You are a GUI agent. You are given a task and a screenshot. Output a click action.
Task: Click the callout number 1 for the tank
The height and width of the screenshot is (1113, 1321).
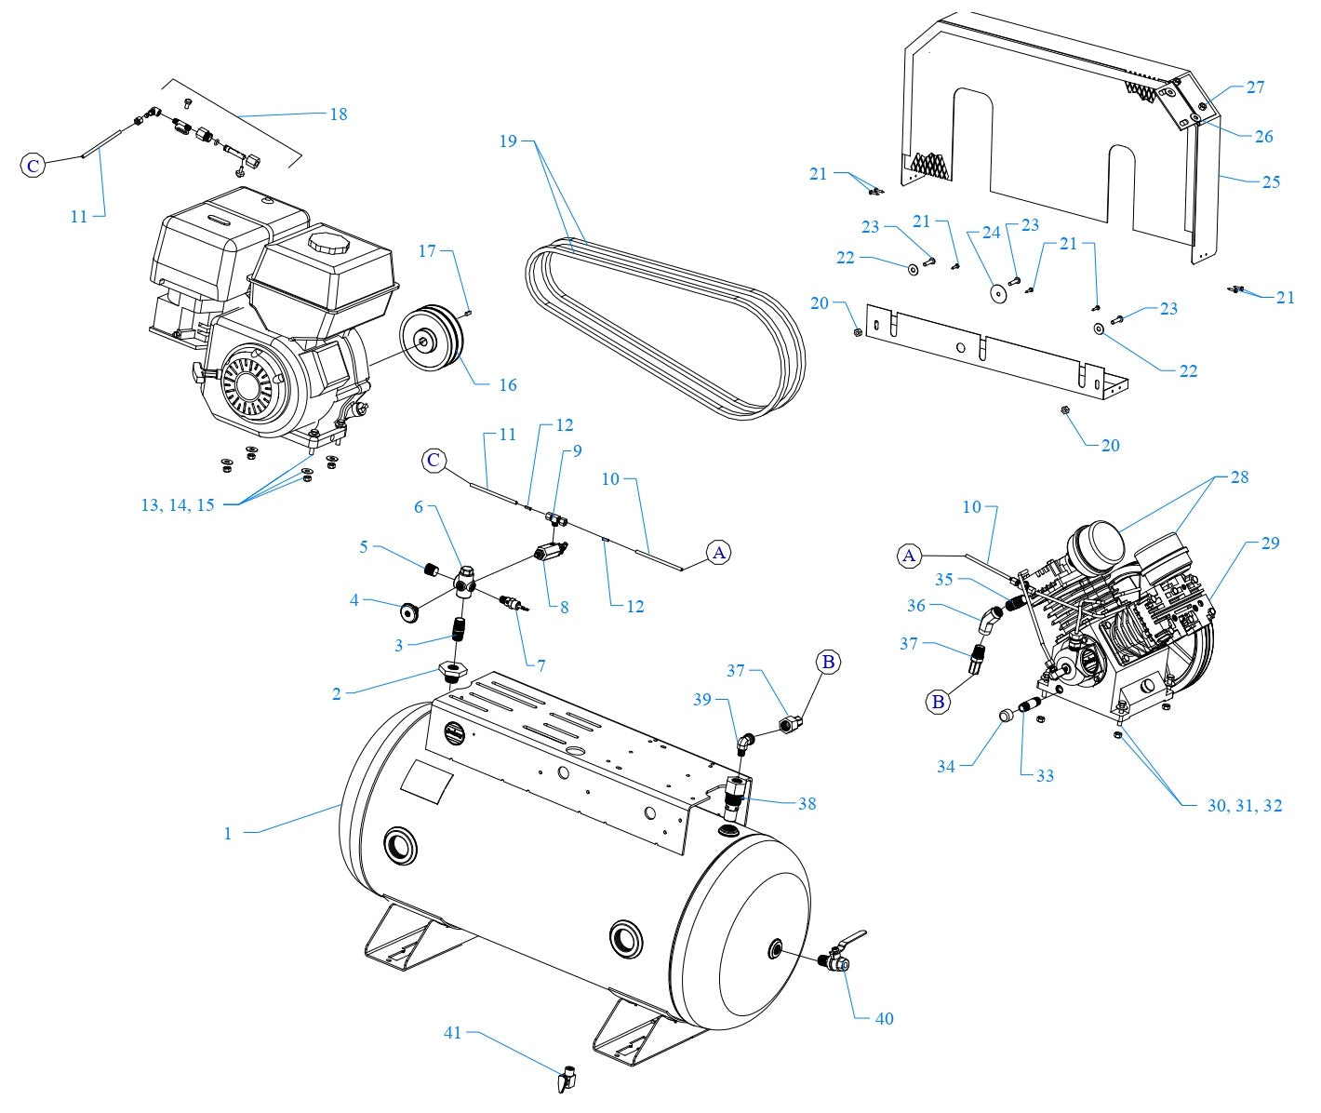(x=227, y=833)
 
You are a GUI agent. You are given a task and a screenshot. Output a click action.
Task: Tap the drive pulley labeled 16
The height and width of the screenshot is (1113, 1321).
(x=431, y=341)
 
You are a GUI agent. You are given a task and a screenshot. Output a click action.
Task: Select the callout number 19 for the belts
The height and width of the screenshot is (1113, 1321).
(x=507, y=142)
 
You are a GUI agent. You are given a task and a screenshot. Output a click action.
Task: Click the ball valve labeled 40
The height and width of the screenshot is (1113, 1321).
(x=834, y=959)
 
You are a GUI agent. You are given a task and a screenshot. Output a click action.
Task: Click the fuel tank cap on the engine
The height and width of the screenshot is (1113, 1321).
(x=327, y=245)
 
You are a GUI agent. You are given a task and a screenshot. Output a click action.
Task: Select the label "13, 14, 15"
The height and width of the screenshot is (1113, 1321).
(x=178, y=505)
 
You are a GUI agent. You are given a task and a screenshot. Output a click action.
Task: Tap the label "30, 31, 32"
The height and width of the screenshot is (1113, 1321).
(x=1244, y=806)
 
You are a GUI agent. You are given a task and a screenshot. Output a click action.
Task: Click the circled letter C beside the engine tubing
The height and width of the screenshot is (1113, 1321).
(x=33, y=166)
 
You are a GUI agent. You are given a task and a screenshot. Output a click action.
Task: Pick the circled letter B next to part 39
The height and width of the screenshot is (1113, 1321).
(x=828, y=662)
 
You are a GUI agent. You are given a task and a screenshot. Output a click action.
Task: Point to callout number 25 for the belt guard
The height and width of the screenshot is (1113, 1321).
(x=1271, y=181)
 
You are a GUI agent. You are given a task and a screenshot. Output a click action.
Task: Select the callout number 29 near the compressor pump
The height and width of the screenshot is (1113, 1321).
(x=1270, y=543)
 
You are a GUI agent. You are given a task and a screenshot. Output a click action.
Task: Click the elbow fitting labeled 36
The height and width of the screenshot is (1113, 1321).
(x=990, y=618)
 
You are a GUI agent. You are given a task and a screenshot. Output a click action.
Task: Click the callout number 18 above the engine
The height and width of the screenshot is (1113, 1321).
(x=338, y=114)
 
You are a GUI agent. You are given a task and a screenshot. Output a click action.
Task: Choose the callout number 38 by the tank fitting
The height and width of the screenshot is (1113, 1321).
(x=807, y=803)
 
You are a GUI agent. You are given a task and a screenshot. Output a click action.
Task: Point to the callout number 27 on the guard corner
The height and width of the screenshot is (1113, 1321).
(x=1255, y=87)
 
